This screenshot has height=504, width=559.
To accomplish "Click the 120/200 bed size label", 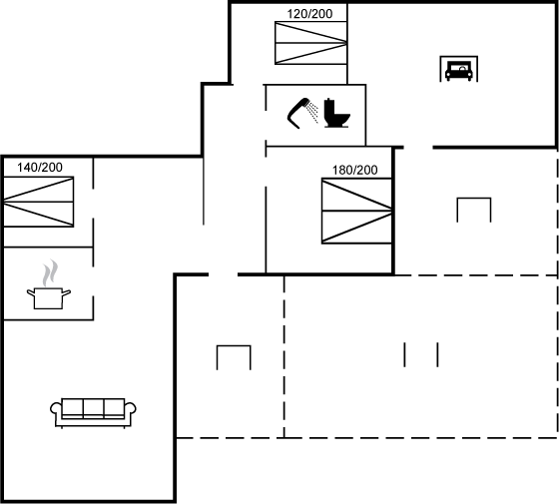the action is (x=309, y=14).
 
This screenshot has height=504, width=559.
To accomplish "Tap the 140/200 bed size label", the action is (x=40, y=168).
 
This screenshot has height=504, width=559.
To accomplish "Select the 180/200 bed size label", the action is (x=354, y=170).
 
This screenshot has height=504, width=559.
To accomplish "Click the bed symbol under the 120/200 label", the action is (x=310, y=43).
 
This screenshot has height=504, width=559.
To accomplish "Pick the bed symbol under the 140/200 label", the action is (x=39, y=202).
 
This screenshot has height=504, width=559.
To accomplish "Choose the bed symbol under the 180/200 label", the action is (x=357, y=211).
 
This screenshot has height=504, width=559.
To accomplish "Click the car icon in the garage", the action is (x=459, y=71).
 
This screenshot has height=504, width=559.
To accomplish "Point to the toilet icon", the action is (x=337, y=113).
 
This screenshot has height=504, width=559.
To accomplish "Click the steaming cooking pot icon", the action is (x=49, y=284).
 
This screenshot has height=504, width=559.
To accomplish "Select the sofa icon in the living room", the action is (x=93, y=413).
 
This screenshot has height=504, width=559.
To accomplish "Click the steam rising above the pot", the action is (x=50, y=272).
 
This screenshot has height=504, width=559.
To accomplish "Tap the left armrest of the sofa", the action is (x=56, y=409).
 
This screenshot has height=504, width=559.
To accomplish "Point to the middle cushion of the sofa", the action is (x=93, y=407).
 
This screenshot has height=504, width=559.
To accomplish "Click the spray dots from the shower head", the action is (x=313, y=112).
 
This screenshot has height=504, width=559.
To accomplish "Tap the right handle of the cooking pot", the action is (x=66, y=293).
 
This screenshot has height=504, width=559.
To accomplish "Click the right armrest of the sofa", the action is (x=130, y=409).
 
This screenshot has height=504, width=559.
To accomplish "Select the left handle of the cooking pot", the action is (x=31, y=293).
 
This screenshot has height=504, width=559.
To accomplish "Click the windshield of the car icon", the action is (x=459, y=67).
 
